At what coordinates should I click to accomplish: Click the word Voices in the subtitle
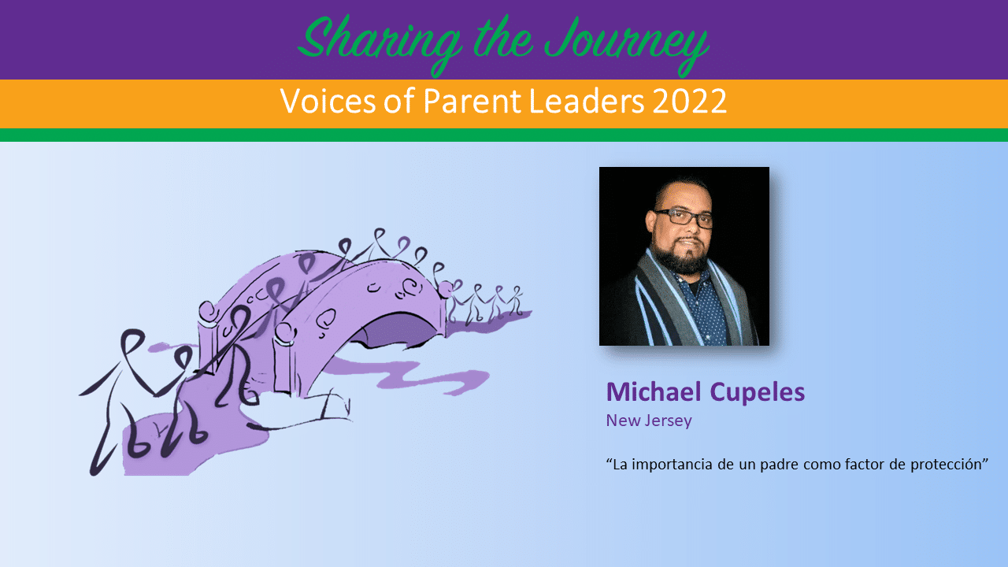(328, 101)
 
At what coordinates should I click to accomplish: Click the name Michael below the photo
(654, 391)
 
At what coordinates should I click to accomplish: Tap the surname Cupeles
(758, 393)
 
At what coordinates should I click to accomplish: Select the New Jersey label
(649, 421)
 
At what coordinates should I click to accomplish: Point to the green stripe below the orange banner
(504, 135)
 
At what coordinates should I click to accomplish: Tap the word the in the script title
(502, 40)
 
